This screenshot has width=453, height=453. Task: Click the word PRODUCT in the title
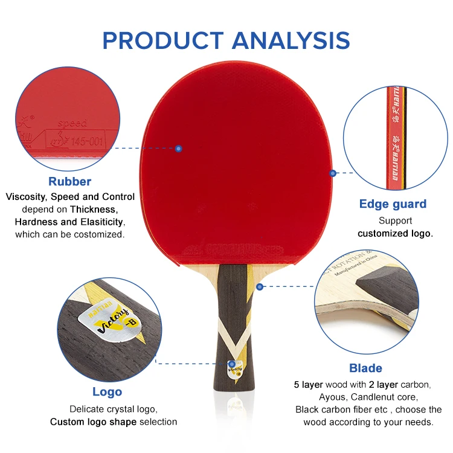pos(162,40)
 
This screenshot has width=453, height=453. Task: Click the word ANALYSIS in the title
pos(291,40)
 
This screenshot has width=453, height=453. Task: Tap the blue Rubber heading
pos(70,181)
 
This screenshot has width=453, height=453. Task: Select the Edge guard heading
pos(393,204)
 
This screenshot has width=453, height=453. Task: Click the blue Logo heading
pos(108,392)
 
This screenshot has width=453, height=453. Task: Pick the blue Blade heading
pos(365,368)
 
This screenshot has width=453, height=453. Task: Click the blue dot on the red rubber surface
pos(179,148)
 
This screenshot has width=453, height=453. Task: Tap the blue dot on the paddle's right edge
pos(332,173)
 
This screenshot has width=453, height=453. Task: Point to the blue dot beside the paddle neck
pos(260,286)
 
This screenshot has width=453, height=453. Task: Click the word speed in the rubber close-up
pos(72,123)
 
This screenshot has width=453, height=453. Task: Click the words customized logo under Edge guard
pos(395,233)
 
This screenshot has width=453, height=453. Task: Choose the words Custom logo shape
pos(94,422)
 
